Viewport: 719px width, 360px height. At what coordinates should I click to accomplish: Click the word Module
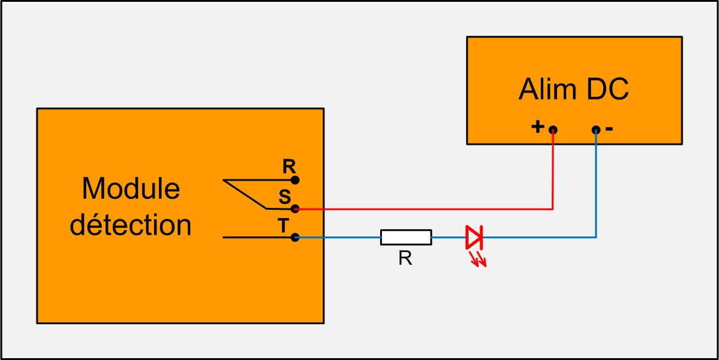point(131,188)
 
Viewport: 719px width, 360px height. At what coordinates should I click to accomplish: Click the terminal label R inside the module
point(289,167)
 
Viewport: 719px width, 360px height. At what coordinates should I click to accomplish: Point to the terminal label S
point(285,197)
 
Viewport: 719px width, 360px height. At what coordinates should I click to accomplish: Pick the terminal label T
point(284,225)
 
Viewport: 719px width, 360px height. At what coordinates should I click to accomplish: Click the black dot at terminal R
point(295,180)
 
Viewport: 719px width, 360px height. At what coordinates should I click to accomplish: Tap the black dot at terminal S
point(295,208)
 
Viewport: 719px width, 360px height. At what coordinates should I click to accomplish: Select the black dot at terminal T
point(295,237)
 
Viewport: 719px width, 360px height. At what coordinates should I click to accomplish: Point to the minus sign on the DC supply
point(609,129)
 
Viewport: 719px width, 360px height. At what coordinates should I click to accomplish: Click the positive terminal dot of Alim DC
point(553,130)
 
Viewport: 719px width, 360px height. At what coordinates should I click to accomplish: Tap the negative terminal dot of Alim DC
point(596,130)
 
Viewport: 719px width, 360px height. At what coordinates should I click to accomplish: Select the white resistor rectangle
point(406,237)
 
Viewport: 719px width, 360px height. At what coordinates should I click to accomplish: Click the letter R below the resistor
point(405,259)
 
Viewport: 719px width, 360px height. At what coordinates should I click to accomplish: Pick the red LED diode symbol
point(473,237)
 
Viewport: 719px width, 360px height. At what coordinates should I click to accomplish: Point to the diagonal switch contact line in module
point(244,194)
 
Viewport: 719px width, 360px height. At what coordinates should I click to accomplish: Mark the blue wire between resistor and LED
point(449,237)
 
